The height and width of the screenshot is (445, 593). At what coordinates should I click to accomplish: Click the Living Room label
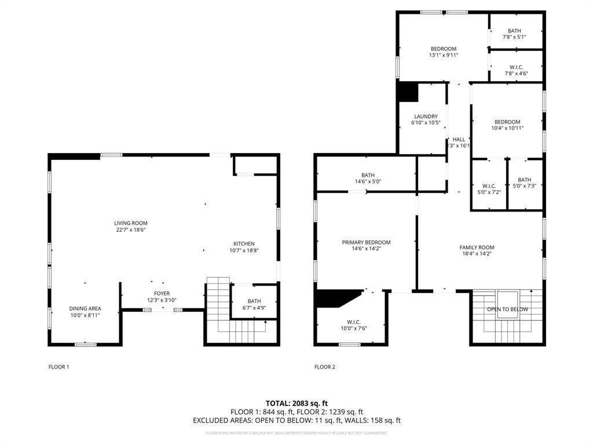[130, 223]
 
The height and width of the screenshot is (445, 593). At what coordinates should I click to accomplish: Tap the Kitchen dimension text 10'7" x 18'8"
[244, 251]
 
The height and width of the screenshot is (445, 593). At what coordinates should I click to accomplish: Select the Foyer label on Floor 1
[162, 294]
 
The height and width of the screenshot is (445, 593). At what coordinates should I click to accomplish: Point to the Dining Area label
[86, 308]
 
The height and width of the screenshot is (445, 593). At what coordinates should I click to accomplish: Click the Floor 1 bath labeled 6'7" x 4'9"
[254, 301]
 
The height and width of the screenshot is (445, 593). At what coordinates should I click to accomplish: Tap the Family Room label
[477, 247]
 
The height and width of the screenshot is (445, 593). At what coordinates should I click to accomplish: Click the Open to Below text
[507, 309]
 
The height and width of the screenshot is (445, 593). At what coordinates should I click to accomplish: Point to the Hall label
[459, 140]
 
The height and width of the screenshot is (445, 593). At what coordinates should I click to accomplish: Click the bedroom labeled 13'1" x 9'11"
[444, 49]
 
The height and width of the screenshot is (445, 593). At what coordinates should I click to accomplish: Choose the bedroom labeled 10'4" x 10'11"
[507, 122]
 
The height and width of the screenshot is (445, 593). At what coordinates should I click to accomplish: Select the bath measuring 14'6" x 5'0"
[368, 175]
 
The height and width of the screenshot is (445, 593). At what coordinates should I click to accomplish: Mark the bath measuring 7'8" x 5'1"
[514, 31]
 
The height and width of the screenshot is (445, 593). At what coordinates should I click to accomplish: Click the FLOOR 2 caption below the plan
[324, 367]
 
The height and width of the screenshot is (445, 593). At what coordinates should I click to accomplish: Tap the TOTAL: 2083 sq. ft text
[296, 403]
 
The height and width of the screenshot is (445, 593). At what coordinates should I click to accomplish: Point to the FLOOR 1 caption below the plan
[58, 367]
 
